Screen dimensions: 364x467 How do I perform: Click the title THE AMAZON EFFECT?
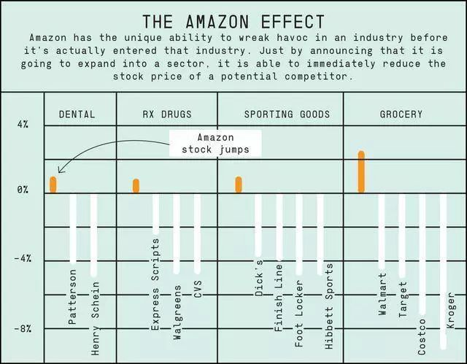(x=233, y=21)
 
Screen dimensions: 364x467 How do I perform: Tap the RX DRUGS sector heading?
(x=167, y=115)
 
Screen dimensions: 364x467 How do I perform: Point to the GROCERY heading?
(x=401, y=115)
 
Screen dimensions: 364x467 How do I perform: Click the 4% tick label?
(x=23, y=125)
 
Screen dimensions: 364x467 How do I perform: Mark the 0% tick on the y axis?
(x=23, y=190)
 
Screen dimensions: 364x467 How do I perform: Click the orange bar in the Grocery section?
(x=361, y=171)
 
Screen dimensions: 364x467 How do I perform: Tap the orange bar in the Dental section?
(x=53, y=185)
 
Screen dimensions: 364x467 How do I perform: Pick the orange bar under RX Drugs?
(x=136, y=185)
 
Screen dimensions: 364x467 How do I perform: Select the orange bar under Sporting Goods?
(x=239, y=184)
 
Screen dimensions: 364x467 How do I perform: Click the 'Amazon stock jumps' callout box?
(x=215, y=144)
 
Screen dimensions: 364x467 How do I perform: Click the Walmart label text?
(x=383, y=294)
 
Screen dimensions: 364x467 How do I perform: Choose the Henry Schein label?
(x=95, y=318)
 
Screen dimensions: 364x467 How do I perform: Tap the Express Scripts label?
(x=155, y=294)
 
